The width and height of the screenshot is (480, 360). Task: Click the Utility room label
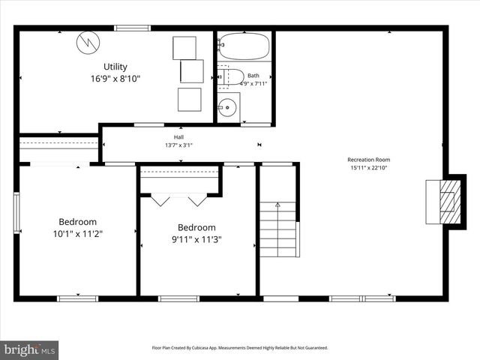115,67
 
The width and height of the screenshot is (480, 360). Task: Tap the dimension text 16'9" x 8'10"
115,78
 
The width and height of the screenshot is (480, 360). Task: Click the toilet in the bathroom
232,76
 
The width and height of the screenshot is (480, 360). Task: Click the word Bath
253,75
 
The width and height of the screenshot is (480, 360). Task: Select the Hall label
179,137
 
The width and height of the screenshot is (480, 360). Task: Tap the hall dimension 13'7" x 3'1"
179,145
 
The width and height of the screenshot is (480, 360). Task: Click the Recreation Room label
368,159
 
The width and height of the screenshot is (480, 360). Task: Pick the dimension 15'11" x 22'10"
368,168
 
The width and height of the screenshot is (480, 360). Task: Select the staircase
278,229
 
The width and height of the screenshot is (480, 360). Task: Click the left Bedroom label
78,222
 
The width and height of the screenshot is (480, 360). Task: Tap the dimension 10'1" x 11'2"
78,233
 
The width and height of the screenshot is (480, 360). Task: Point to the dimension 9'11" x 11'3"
196,240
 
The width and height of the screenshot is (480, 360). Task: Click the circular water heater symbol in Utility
88,41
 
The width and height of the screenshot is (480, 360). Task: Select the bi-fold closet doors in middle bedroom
179,200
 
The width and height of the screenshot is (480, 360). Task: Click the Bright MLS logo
30,349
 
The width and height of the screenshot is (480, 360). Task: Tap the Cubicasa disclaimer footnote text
240,348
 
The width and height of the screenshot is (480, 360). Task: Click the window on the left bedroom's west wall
16,213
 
